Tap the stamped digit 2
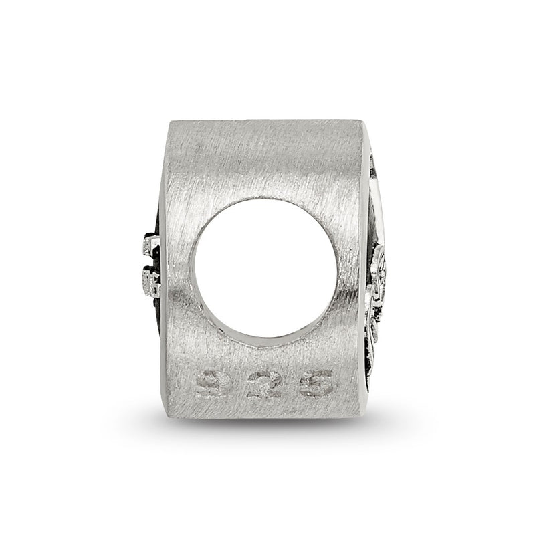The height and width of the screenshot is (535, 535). click(x=264, y=386)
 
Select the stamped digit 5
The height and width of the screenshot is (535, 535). click(x=316, y=384)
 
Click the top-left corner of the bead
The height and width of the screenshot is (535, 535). click(x=170, y=120)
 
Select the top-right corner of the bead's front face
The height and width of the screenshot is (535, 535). click(x=362, y=120)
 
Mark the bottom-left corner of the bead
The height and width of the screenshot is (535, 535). click(x=166, y=417)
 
